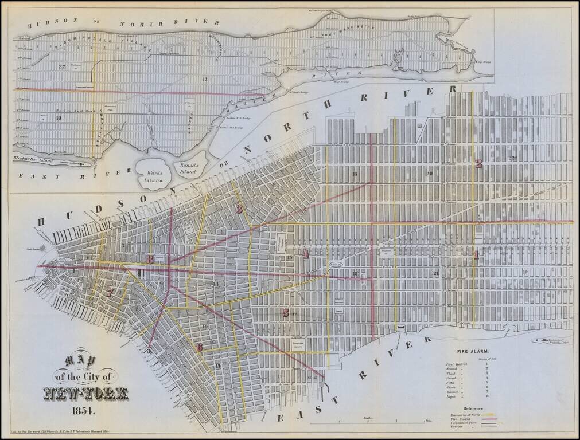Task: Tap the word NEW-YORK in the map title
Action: click(x=86, y=394)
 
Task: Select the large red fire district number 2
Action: click(x=478, y=163)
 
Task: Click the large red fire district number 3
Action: click(x=239, y=209)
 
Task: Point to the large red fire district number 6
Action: click(x=200, y=347)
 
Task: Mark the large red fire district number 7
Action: click(x=110, y=292)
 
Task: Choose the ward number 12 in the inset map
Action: click(x=205, y=78)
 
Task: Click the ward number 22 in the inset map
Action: click(x=62, y=66)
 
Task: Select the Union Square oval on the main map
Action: click(x=336, y=265)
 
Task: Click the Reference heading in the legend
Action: click(x=470, y=408)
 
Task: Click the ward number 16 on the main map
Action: click(x=355, y=174)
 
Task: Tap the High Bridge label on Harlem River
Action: click(x=342, y=82)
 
